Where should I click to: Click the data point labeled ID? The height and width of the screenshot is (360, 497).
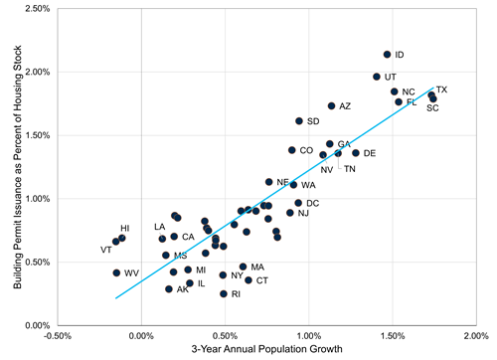coord(387,55)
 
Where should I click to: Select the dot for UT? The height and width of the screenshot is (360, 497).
coord(377,77)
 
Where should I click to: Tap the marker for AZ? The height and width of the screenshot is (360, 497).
coord(331,105)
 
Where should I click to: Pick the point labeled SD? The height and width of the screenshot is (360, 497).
coord(298,121)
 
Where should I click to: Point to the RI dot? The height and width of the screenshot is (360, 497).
coord(224,293)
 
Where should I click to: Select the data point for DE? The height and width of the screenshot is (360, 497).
coord(356,153)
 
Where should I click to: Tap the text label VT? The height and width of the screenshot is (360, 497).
coord(106,250)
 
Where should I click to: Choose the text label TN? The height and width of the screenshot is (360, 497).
coord(350,169)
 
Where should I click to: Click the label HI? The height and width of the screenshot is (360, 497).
coord(125,229)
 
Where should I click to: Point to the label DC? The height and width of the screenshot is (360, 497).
coord(312,203)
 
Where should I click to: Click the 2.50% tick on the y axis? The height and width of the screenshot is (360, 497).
coord(37,9)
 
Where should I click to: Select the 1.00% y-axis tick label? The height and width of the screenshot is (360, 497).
coord(37,199)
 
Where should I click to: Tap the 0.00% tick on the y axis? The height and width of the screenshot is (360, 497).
coord(37,325)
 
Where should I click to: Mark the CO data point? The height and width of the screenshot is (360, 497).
coord(291,150)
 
